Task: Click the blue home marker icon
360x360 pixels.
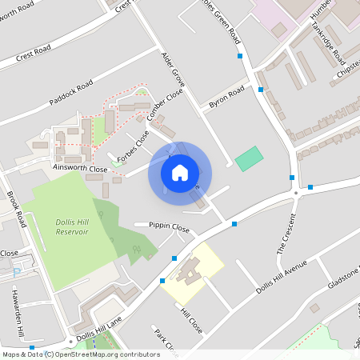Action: click(180, 172)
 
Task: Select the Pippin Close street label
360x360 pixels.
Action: click(169, 227)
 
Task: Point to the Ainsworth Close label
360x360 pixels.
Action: click(79, 169)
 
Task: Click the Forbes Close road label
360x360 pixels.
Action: click(133, 147)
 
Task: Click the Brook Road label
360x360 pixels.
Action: click(17, 209)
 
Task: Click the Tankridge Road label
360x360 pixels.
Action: click(328, 47)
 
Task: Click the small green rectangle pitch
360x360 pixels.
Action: click(249, 158)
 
